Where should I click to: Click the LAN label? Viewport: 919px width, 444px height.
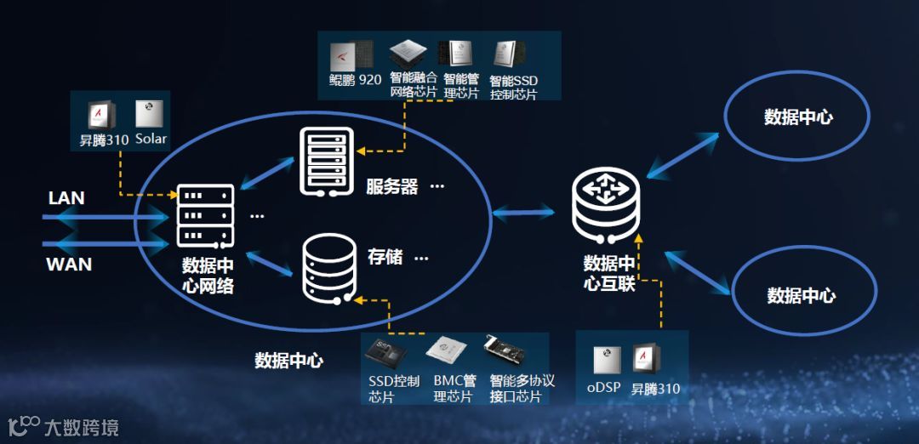click(x=66, y=198)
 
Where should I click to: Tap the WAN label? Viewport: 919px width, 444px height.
click(x=69, y=264)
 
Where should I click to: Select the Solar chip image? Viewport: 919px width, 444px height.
click(x=149, y=114)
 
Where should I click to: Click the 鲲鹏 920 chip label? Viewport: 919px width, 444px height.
click(x=355, y=81)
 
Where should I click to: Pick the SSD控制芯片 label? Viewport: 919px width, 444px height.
click(x=394, y=389)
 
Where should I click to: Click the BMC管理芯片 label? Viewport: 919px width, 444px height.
click(x=454, y=389)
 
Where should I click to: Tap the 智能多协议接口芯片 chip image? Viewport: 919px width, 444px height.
click(x=504, y=351)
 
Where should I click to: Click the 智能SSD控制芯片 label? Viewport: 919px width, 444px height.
click(x=514, y=88)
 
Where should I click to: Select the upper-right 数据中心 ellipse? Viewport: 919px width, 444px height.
click(x=797, y=117)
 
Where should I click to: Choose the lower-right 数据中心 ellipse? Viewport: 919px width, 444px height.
click(x=801, y=295)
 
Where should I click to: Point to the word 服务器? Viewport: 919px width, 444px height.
click(x=392, y=187)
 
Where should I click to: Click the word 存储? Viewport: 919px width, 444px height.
click(x=385, y=256)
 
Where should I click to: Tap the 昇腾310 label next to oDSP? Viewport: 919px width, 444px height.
click(x=655, y=390)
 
